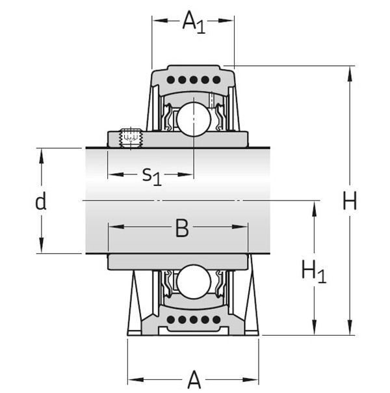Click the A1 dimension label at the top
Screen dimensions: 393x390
tap(193, 23)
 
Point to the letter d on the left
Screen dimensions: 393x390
tap(40, 202)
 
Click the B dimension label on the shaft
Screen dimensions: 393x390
tap(182, 228)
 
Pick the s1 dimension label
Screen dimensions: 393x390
tap(151, 175)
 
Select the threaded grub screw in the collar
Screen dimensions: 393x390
tap(132, 138)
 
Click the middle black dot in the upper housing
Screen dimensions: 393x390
tap(193, 80)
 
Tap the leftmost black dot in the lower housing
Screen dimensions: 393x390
tap(172, 320)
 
